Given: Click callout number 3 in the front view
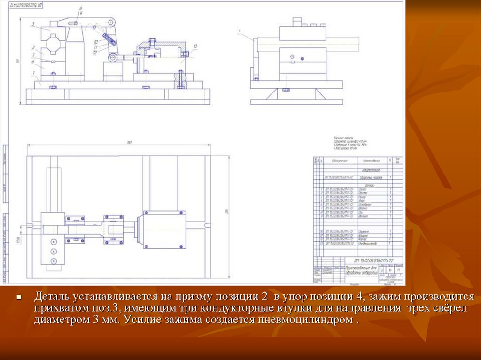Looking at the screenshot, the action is [33, 23].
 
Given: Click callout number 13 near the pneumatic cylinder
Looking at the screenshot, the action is [195, 46].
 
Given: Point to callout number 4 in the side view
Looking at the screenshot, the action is [239, 31].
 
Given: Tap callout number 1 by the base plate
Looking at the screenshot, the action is [33, 73].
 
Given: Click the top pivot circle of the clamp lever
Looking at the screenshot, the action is [110, 22].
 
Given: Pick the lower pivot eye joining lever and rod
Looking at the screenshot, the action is [113, 58].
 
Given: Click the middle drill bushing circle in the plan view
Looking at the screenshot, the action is [53, 251].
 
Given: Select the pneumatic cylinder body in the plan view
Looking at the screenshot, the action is [164, 230].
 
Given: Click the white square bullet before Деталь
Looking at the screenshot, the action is [19, 298].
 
